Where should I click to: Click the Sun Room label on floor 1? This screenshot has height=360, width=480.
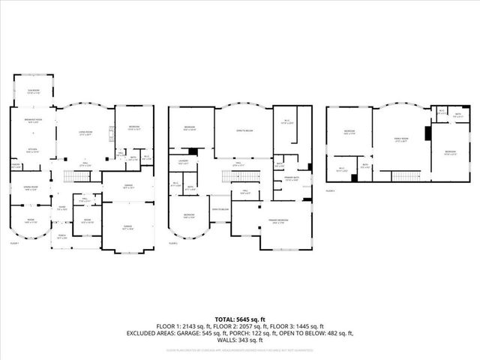33,91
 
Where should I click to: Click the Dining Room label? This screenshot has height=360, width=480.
31,189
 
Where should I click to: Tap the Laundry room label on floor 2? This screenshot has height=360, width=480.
182,161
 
